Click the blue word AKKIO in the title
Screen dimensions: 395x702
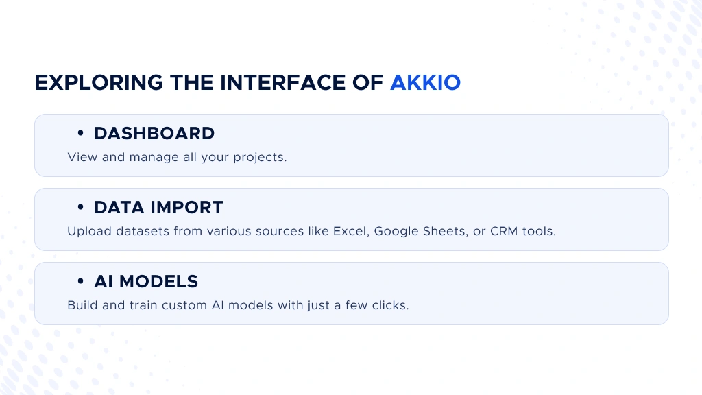click(x=425, y=82)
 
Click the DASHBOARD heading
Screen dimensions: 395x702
click(x=154, y=133)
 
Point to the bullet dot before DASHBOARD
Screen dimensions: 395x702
click(x=80, y=134)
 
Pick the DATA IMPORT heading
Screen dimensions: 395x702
click(x=158, y=207)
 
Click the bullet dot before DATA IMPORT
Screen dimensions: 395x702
click(x=80, y=208)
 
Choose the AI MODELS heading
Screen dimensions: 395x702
click(x=146, y=281)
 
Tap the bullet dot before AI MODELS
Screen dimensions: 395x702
click(x=80, y=282)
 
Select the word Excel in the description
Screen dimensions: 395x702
click(x=349, y=231)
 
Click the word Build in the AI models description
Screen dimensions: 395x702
click(x=82, y=305)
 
